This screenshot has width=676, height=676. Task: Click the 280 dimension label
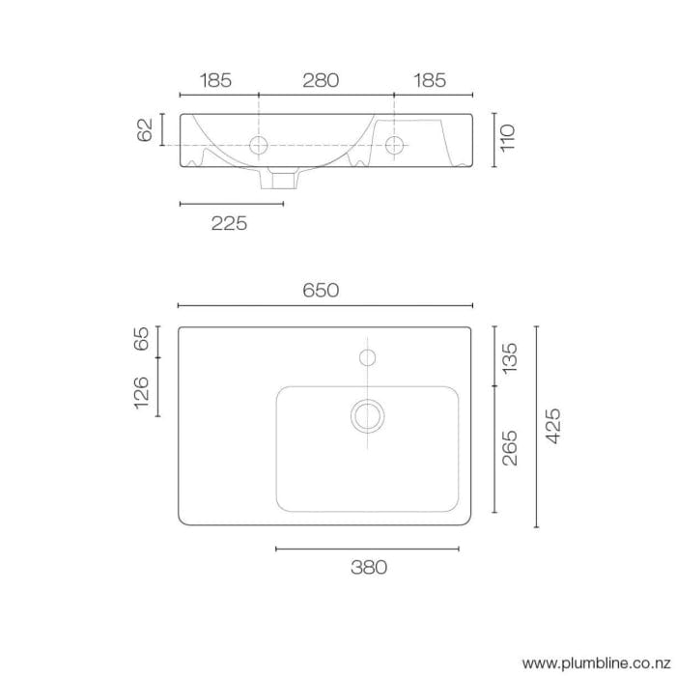(x=321, y=81)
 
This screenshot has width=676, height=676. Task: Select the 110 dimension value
(x=509, y=137)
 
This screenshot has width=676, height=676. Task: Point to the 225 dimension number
(x=230, y=223)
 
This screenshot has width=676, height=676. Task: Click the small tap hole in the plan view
(x=367, y=358)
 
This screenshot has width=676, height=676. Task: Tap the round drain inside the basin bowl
(x=367, y=415)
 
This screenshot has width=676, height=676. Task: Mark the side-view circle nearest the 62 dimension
(x=259, y=145)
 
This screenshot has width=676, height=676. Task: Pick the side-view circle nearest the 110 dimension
(x=394, y=145)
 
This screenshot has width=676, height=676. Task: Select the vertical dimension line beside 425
(x=536, y=426)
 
